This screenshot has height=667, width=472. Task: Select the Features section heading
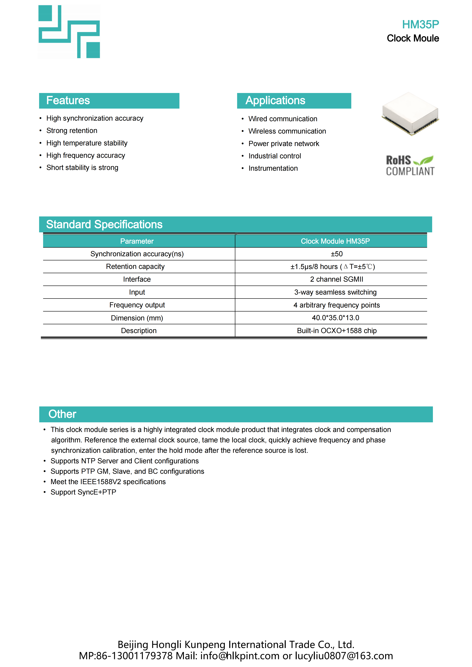click(x=68, y=101)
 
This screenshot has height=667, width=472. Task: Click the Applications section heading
click(x=275, y=101)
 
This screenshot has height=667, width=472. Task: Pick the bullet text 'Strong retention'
click(x=72, y=131)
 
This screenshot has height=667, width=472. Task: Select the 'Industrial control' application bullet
click(x=275, y=156)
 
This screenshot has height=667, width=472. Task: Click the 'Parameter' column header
click(x=137, y=241)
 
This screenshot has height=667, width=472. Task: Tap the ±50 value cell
click(x=337, y=254)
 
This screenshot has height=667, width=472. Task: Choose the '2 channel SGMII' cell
click(x=337, y=279)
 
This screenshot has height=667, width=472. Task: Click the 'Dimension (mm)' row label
click(x=137, y=318)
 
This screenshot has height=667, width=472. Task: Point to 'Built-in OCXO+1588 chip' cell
click(x=337, y=331)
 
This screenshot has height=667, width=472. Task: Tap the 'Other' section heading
click(x=62, y=414)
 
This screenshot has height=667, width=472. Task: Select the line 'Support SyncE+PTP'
click(x=83, y=492)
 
